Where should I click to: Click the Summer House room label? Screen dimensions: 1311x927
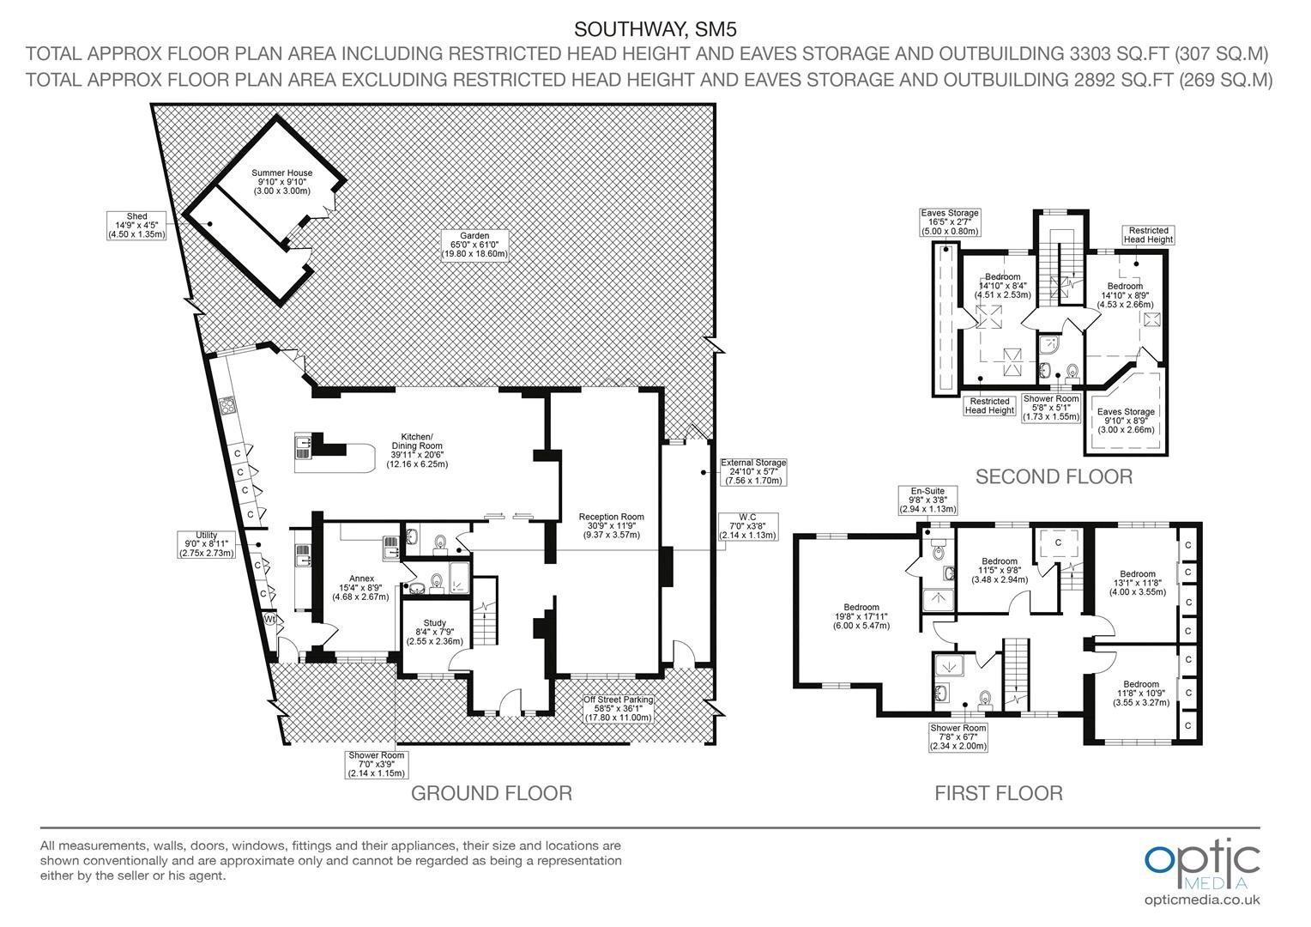(x=281, y=181)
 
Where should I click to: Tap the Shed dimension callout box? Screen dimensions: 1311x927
(x=136, y=226)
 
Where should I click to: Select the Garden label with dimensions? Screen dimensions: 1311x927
(x=474, y=245)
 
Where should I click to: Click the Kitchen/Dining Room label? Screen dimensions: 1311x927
(x=417, y=450)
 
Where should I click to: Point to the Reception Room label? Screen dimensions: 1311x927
(x=611, y=525)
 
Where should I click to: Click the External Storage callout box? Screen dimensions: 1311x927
(x=753, y=471)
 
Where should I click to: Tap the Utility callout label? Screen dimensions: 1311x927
(x=206, y=544)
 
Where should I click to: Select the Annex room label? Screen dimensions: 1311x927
(x=361, y=587)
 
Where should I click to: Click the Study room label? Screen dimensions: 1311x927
(x=434, y=632)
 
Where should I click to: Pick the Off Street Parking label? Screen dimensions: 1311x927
(x=618, y=709)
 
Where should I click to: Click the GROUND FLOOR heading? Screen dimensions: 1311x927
(x=491, y=793)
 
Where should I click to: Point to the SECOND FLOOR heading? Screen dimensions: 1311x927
(x=1054, y=476)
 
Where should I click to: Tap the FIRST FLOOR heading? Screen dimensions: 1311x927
(x=999, y=793)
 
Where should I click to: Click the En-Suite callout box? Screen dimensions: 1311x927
(x=927, y=500)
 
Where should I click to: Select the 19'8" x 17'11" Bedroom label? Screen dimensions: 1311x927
(x=861, y=616)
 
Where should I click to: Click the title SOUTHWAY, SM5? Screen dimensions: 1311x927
(x=655, y=29)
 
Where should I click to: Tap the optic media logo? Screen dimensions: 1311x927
(x=1202, y=864)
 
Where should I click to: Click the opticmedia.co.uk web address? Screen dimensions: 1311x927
(x=1202, y=900)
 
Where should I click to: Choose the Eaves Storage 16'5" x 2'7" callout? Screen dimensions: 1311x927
(x=949, y=222)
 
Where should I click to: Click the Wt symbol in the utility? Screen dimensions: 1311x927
(x=269, y=618)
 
